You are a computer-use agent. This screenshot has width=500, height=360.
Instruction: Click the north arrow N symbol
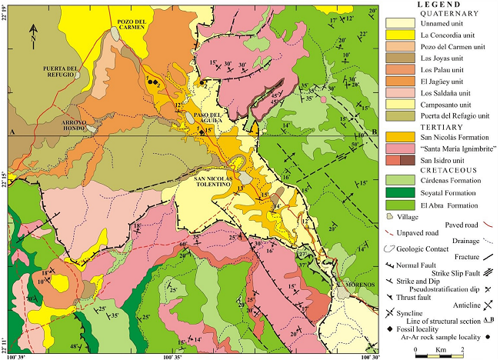tap(34, 32)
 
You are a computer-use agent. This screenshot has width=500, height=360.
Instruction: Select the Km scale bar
tap(439, 352)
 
